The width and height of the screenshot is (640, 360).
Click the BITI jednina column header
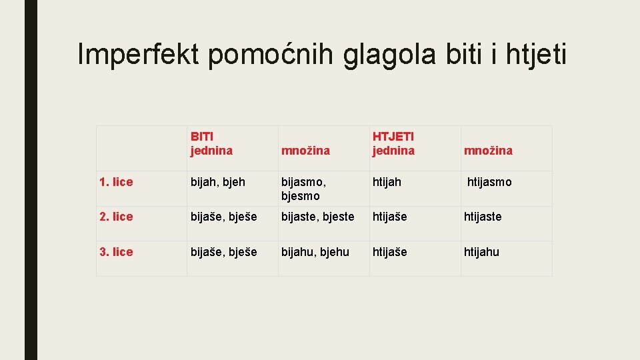[211, 143]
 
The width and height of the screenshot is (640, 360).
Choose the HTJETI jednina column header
[393, 143]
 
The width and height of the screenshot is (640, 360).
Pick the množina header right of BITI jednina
[305, 151]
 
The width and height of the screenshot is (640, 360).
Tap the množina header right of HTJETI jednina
[488, 151]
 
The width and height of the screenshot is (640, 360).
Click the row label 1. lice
[115, 182]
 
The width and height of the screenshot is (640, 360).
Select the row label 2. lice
[115, 217]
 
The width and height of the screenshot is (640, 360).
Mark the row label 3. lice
[115, 252]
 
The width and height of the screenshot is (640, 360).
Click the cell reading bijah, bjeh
[217, 182]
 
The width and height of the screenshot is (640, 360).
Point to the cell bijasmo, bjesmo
[303, 189]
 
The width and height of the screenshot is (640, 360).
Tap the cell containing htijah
[387, 182]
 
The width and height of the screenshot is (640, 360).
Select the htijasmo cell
[489, 182]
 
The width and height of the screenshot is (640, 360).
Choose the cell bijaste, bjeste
[317, 217]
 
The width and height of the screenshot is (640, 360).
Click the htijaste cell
[483, 217]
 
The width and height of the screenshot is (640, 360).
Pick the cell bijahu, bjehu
[315, 252]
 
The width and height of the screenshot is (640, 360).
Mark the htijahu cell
[481, 252]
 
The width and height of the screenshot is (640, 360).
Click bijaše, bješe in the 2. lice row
[223, 217]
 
